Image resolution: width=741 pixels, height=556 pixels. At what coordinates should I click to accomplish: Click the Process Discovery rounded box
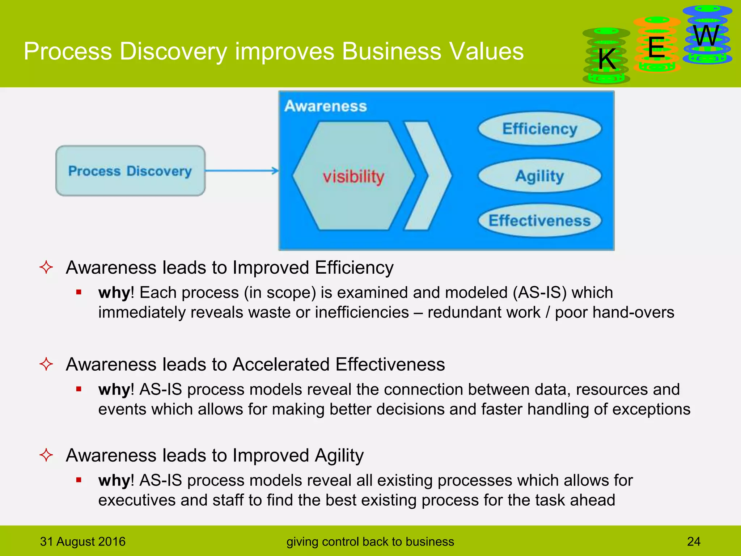130,171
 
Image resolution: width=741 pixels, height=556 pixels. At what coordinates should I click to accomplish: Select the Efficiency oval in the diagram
539,129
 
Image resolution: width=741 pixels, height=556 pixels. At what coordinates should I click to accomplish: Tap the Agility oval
539,176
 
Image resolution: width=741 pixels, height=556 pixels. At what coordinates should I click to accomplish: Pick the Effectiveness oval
539,220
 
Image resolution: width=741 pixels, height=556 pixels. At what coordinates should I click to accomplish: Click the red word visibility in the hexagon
353,177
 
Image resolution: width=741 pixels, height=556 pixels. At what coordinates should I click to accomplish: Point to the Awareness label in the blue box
326,106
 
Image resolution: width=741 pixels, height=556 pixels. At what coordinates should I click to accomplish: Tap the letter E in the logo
656,47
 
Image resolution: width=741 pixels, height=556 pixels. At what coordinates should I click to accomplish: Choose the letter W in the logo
706,35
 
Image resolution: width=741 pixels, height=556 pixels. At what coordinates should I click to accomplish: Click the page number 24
694,542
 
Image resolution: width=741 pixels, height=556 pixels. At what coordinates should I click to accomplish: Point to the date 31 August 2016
82,542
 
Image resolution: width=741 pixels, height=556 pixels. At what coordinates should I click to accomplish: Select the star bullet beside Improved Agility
46,455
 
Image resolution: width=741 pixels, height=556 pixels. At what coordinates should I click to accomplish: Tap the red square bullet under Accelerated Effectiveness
79,389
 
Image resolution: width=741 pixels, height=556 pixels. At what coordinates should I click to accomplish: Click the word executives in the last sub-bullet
137,500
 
